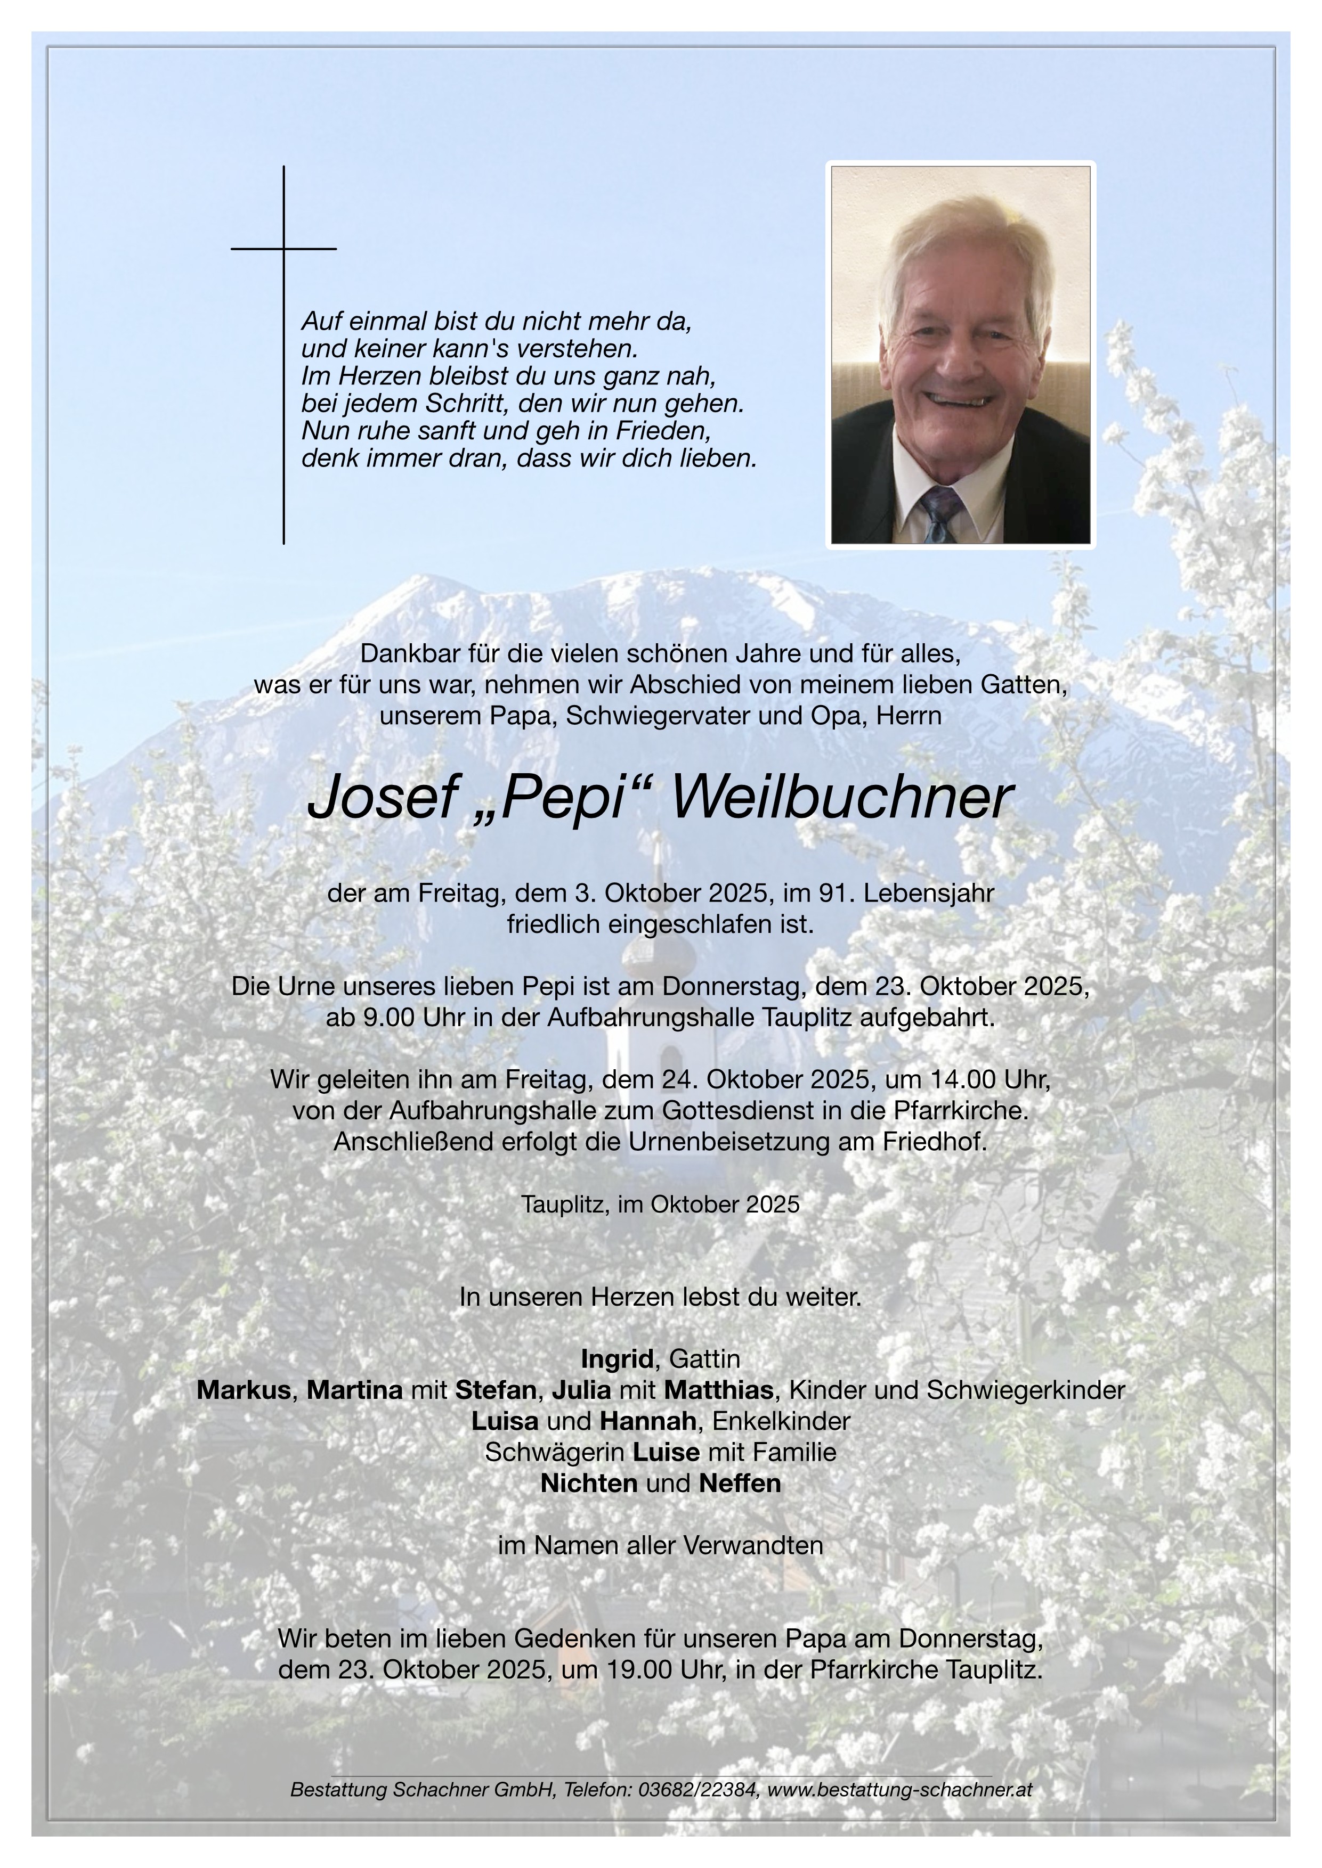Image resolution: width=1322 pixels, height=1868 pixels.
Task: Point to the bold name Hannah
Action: pyautogui.click(x=648, y=1421)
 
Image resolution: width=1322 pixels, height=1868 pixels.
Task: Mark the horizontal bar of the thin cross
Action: pyautogui.click(x=283, y=248)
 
